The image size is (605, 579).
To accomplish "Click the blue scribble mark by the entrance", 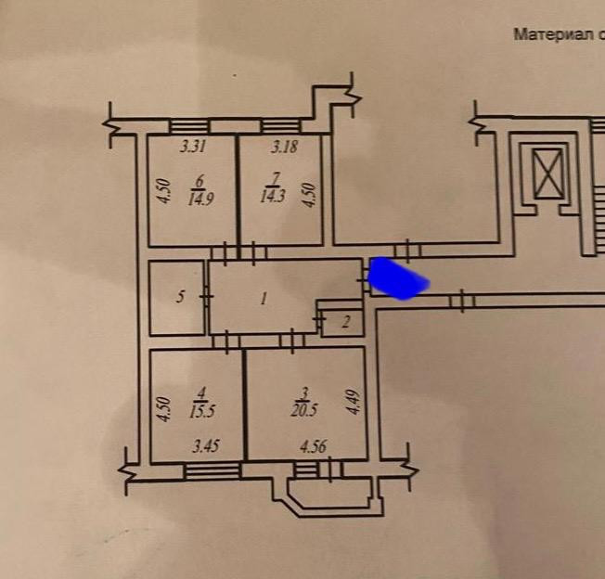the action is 398,279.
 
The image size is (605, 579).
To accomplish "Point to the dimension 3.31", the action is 191,146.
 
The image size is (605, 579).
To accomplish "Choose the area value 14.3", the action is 276,197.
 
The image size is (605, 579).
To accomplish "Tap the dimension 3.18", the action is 284,146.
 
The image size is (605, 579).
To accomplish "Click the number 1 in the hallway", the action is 265,299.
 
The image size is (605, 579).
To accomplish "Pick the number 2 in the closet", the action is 345,322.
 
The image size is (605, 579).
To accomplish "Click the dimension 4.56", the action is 314,448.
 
